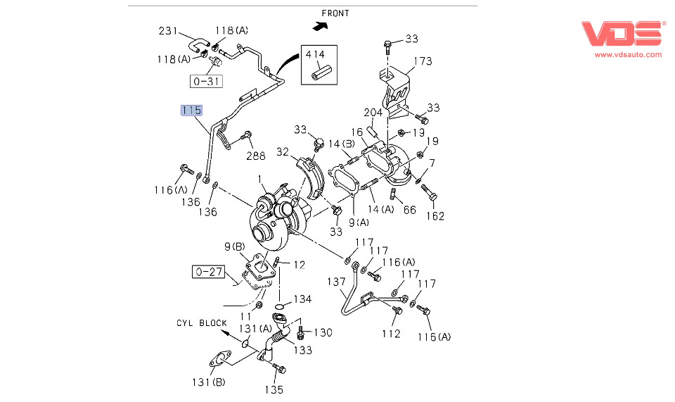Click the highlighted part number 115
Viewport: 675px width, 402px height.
pyautogui.click(x=191, y=110)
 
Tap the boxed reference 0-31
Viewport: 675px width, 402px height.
pyautogui.click(x=205, y=81)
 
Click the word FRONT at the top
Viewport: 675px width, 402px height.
pyautogui.click(x=335, y=13)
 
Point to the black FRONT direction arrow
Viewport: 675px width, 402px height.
pyautogui.click(x=321, y=27)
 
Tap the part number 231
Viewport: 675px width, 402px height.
pyautogui.click(x=169, y=30)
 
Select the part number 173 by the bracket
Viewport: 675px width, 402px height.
pyautogui.click(x=422, y=61)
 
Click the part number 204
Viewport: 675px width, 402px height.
pyautogui.click(x=373, y=113)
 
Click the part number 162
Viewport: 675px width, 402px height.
pyautogui.click(x=435, y=215)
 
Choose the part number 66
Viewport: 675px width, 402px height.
pyautogui.click(x=409, y=210)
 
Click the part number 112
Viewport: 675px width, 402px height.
pyautogui.click(x=392, y=333)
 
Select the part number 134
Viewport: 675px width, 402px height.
pyautogui.click(x=302, y=299)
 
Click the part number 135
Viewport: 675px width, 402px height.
pyautogui.click(x=274, y=389)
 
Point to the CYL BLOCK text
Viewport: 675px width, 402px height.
pyautogui.click(x=202, y=323)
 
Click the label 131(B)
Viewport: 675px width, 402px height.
pyautogui.click(x=210, y=382)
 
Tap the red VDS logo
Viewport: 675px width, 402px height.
pyautogui.click(x=623, y=34)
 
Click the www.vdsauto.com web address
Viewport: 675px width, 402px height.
pyautogui.click(x=628, y=54)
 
